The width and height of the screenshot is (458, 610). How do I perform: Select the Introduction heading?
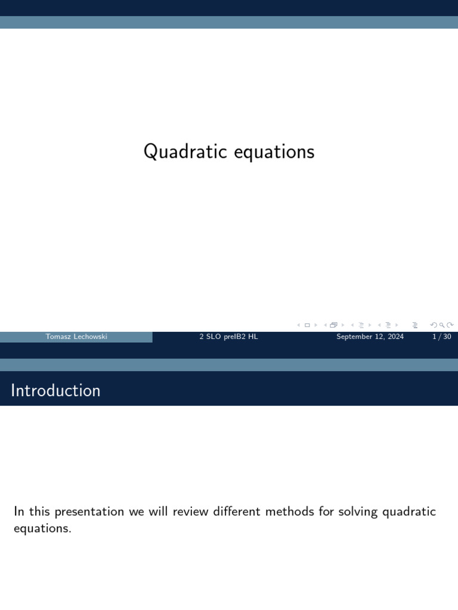(x=55, y=391)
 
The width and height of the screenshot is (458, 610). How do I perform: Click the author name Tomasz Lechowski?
(x=76, y=337)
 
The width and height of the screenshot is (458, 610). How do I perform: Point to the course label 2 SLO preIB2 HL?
(x=228, y=337)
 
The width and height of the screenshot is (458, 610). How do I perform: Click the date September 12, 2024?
(x=370, y=337)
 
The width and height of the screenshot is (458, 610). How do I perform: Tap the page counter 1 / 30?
(x=441, y=337)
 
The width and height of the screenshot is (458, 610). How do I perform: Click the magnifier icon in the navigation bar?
(x=442, y=325)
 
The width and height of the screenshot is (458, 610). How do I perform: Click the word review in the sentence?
(x=192, y=512)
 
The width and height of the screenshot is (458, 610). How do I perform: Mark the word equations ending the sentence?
(x=42, y=528)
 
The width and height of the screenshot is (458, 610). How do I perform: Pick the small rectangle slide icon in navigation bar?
(x=307, y=325)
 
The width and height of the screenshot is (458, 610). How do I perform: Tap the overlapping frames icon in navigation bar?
(x=333, y=325)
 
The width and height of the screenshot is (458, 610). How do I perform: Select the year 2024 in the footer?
(x=394, y=337)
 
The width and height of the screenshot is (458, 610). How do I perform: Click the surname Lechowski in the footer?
(x=89, y=337)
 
